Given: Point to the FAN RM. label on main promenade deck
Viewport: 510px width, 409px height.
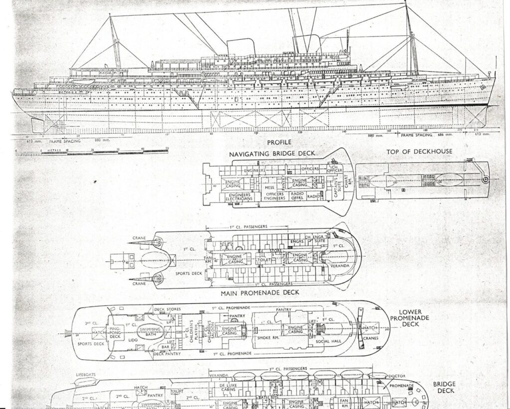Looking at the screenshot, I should point(207,258).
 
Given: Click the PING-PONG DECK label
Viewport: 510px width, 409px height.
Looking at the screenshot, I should point(115,333).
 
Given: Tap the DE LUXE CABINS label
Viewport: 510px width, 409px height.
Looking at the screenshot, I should point(226,388).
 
